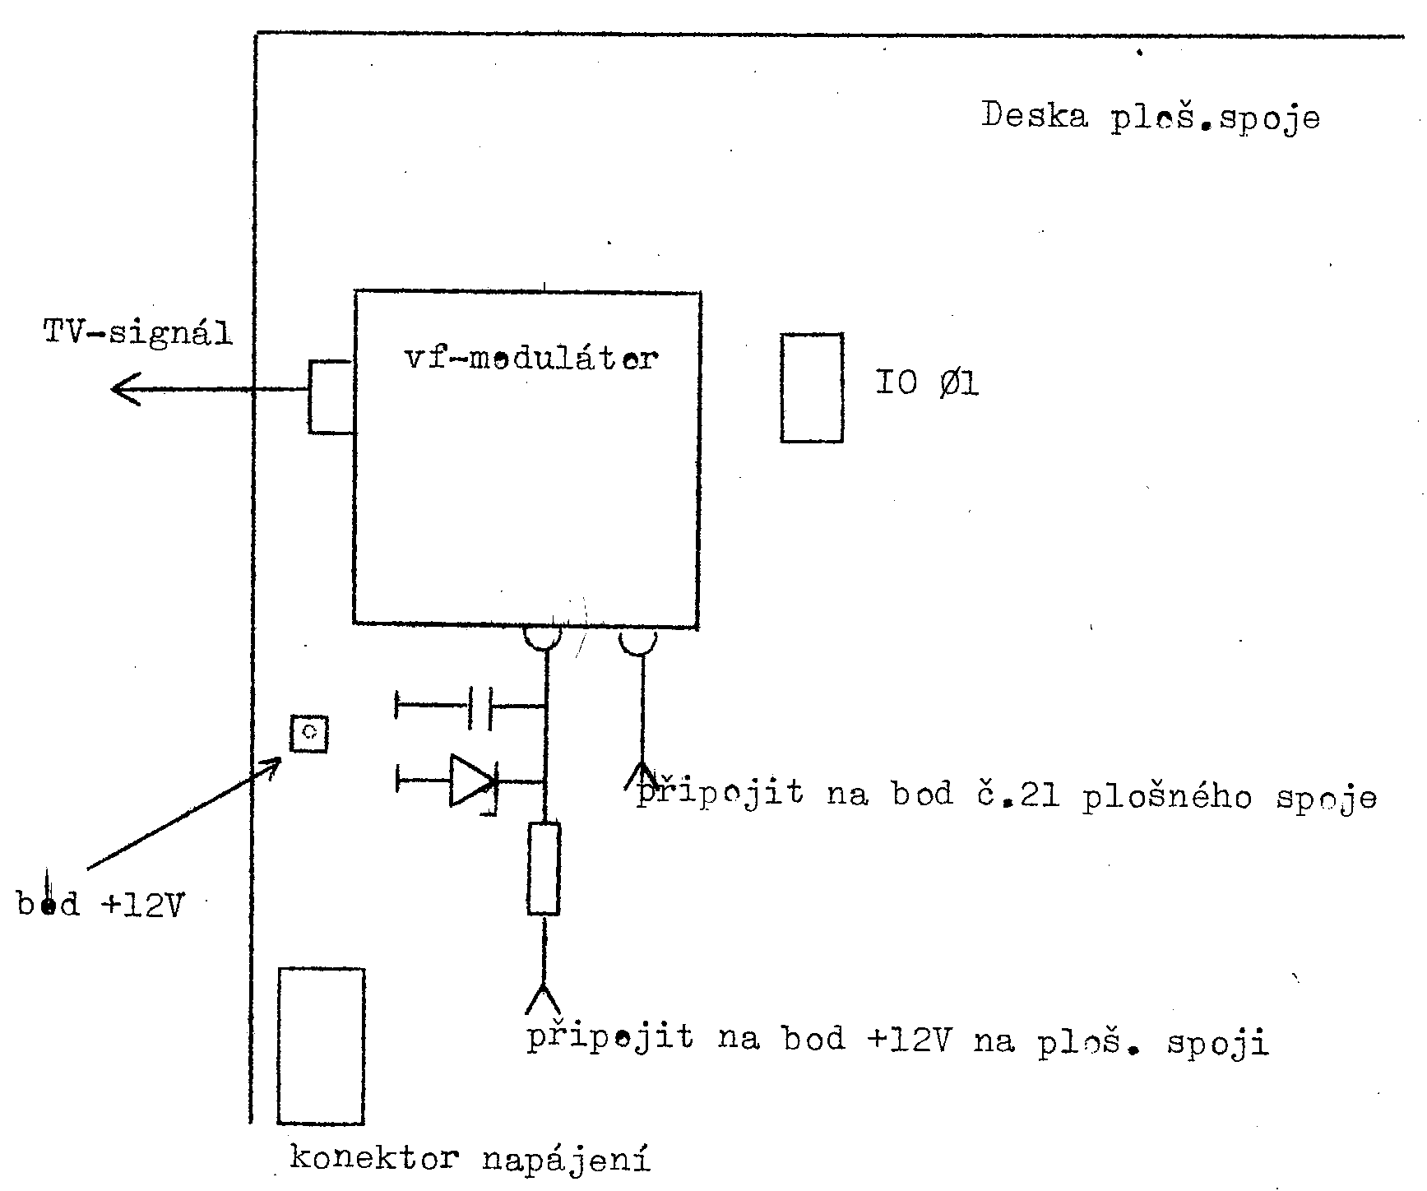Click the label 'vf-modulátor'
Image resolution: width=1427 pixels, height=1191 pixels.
(x=531, y=359)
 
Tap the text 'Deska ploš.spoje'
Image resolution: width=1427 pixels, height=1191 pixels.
(x=1150, y=117)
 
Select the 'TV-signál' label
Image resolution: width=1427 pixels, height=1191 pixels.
(x=137, y=333)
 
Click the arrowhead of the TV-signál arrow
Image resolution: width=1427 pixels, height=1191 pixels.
(x=123, y=389)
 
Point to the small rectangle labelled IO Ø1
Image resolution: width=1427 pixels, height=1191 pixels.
(x=812, y=387)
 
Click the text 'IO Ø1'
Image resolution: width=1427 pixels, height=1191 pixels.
(x=926, y=383)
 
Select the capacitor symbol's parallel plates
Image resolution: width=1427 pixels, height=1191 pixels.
(x=480, y=707)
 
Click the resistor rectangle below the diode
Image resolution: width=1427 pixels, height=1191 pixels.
(x=544, y=868)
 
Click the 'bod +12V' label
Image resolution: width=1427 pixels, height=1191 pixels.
(x=100, y=905)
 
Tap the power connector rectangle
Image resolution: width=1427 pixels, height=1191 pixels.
(x=321, y=1045)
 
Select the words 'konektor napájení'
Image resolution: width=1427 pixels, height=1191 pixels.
(x=470, y=1160)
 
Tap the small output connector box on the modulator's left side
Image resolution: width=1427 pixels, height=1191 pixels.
(x=331, y=396)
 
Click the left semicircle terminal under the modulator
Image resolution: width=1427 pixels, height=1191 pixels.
(x=543, y=637)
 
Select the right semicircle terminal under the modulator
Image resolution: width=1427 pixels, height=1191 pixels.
(x=638, y=641)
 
